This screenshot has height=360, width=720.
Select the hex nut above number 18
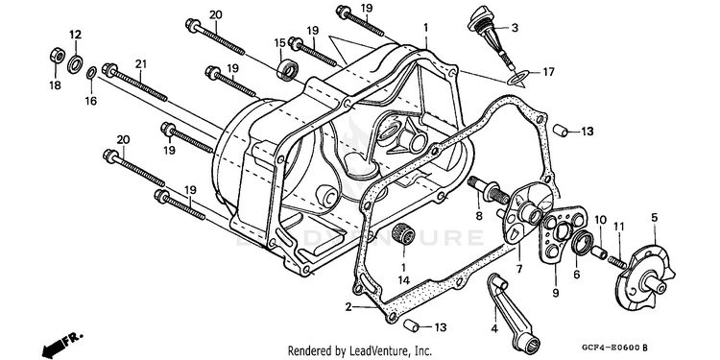point(57,56)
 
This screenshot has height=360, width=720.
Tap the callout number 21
point(139,64)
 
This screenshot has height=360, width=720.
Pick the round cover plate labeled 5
point(646,276)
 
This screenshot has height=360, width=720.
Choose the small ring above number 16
point(91,73)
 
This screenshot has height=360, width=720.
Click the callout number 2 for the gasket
point(349,307)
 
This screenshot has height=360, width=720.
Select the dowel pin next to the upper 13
point(560,130)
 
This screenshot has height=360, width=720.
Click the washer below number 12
point(75,63)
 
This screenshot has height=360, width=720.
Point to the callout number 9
point(555,293)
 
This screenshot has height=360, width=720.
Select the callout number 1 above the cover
point(425,28)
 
